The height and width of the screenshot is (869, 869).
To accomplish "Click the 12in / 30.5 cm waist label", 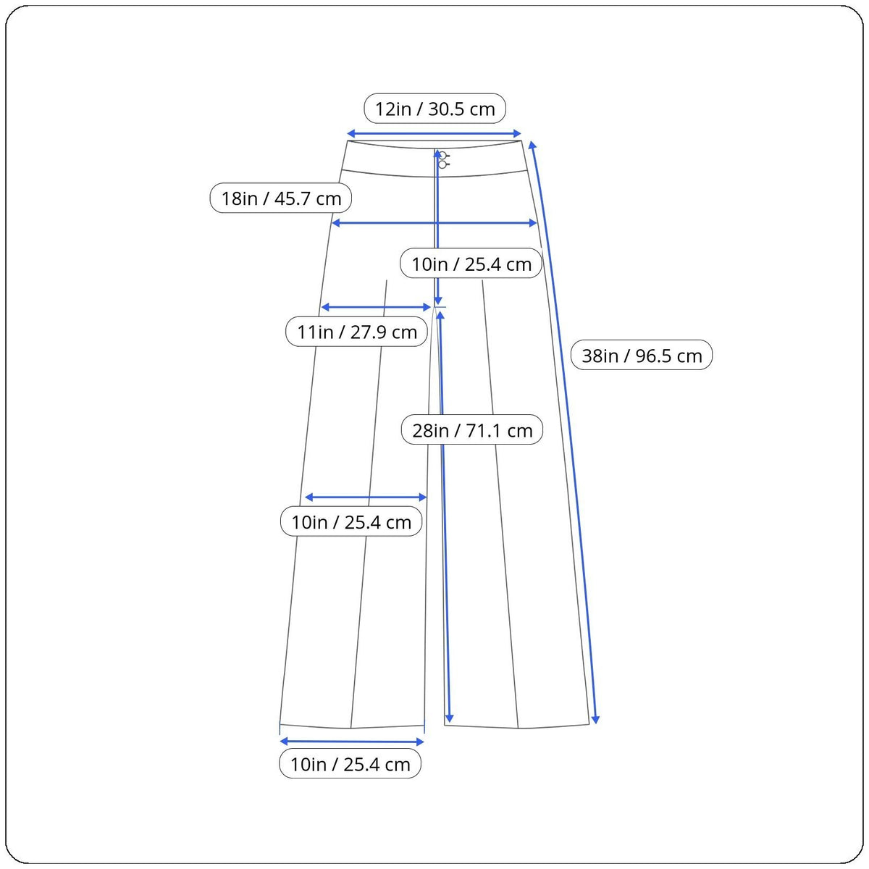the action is coord(434,109).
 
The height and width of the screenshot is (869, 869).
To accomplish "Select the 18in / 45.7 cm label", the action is coord(280,198).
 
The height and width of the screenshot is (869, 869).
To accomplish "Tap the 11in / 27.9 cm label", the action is coord(356,332).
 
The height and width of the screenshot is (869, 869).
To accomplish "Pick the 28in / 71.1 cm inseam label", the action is coord(471,429).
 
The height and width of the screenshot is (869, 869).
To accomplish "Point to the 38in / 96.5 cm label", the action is coord(642,356).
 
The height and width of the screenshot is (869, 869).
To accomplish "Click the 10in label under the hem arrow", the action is coord(350,763).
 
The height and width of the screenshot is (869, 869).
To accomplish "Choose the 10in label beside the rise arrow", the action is coord(471,264).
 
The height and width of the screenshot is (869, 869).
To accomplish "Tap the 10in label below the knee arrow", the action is coord(350,521).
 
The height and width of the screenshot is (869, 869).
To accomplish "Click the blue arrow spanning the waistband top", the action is coord(434,133).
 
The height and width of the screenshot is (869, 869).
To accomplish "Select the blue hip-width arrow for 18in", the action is coord(434,223).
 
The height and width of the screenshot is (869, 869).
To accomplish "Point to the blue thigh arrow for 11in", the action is coord(376,308).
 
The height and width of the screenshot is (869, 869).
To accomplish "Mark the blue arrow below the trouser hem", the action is coord(352,742).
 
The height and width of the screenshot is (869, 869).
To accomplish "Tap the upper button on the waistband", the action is coord(442,156).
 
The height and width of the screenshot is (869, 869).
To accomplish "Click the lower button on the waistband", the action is coord(442,164).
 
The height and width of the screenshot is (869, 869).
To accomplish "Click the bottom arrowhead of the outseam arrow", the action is coord(595,720).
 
